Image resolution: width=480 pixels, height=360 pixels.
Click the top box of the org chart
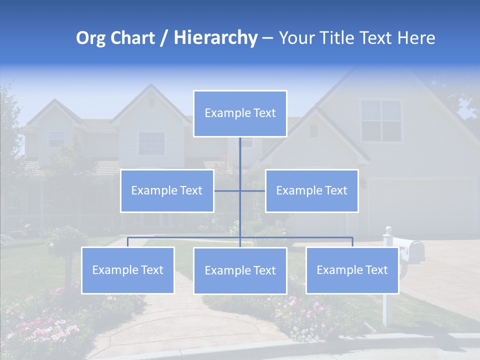[240, 113]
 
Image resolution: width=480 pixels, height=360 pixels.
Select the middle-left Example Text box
[167, 190]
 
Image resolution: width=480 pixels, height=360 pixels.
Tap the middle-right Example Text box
[311, 190]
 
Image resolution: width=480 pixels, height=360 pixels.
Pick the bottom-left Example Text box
[127, 270]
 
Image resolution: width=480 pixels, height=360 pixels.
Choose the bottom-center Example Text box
[240, 270]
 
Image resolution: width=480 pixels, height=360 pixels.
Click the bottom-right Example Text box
[352, 270]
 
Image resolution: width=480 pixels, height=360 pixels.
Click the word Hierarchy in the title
[215, 38]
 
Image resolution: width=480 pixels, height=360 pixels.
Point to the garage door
[422, 207]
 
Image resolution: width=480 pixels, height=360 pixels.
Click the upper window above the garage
[381, 120]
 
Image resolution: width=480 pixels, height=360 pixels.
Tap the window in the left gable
[151, 143]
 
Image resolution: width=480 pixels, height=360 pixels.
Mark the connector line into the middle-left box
[227, 190]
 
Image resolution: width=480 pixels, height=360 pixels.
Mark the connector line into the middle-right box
[253, 190]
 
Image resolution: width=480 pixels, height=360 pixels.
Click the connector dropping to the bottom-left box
[127, 242]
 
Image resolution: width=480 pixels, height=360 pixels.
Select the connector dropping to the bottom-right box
[352, 242]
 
